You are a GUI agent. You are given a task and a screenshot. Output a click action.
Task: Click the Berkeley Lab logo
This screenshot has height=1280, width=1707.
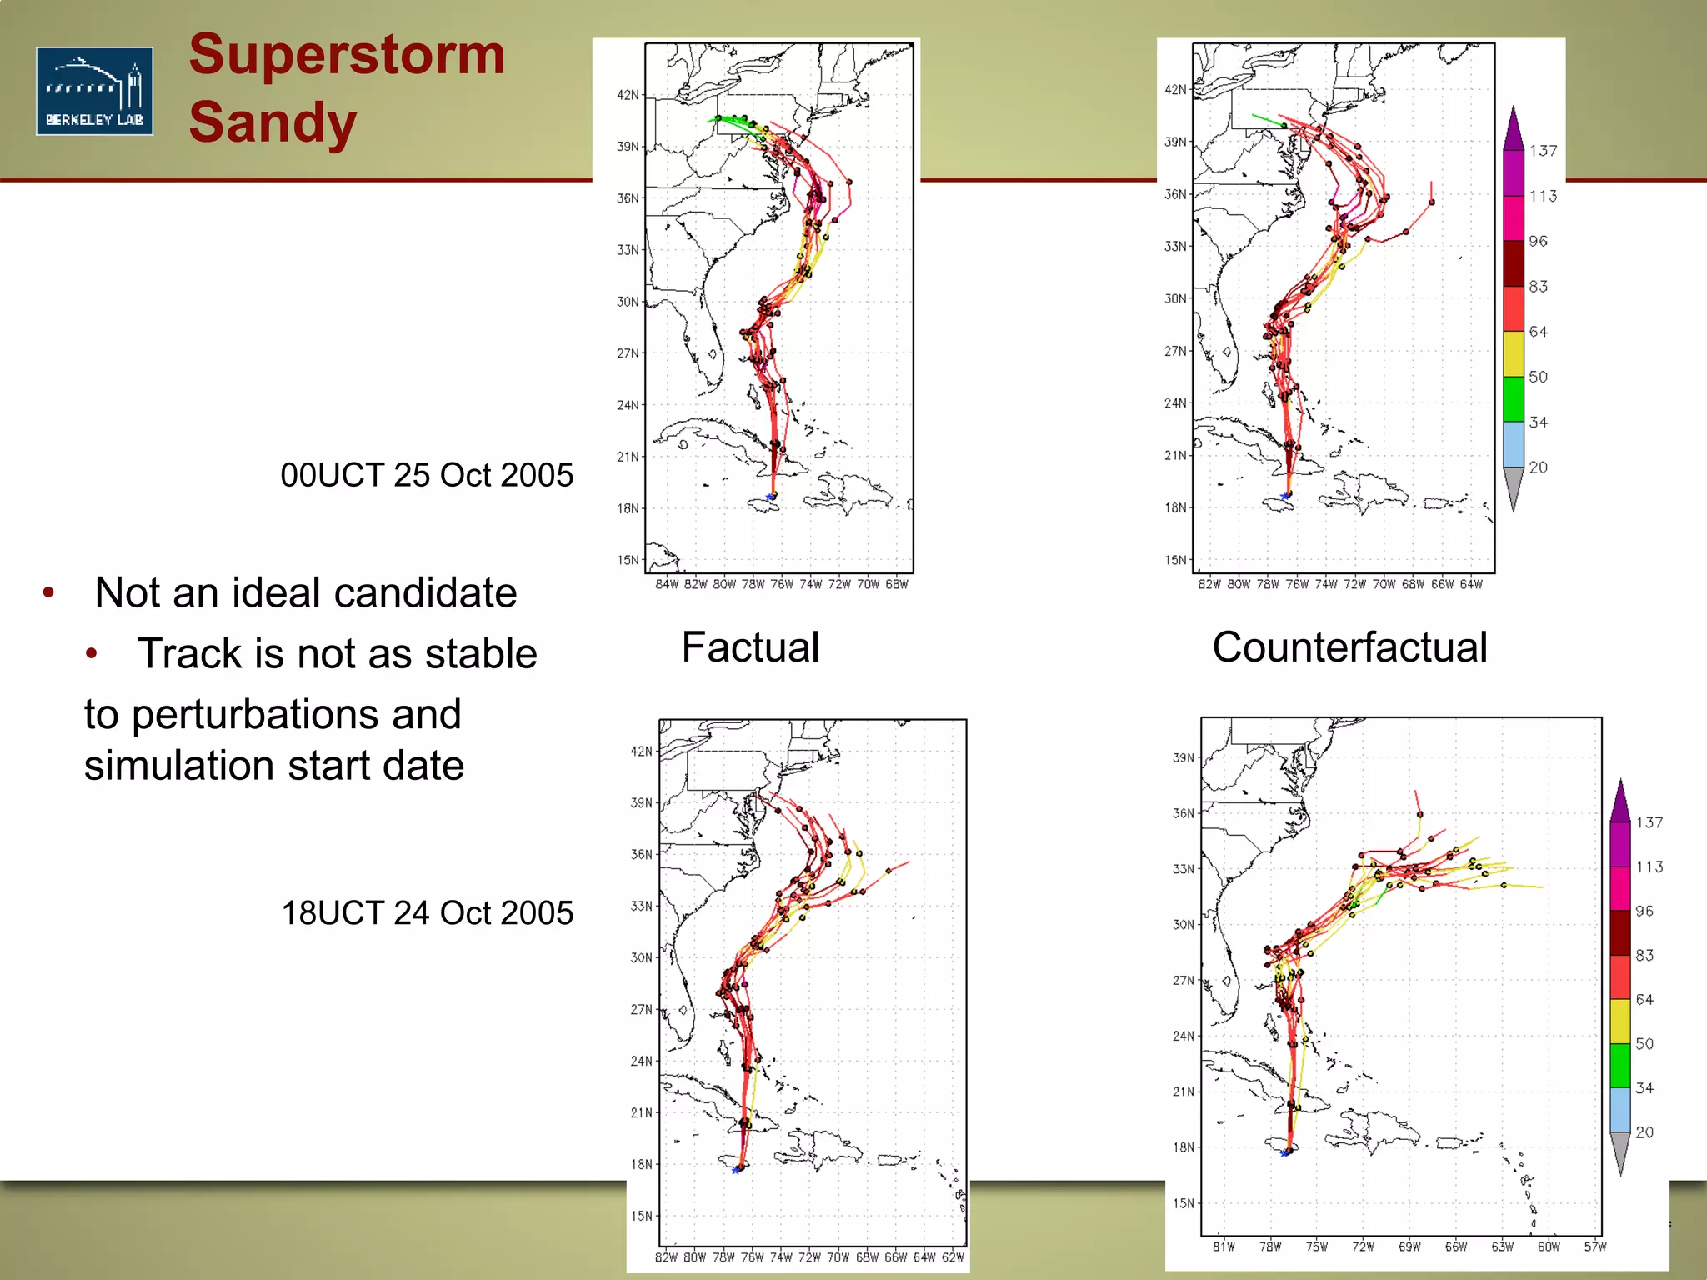coord(94,91)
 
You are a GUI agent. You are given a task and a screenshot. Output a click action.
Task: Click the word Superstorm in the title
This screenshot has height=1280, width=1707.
coord(347,55)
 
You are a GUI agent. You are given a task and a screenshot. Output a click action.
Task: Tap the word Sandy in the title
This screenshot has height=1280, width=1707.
coord(273,122)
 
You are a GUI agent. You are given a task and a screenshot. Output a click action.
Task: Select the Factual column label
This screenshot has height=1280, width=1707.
coord(750,647)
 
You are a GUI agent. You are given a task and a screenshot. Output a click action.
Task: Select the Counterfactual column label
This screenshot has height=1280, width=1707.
coord(1349,647)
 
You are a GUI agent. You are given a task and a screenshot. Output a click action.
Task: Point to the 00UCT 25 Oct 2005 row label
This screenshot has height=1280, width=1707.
coord(427,475)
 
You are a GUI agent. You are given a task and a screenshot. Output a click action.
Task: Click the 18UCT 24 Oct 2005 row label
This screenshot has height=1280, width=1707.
coord(427,913)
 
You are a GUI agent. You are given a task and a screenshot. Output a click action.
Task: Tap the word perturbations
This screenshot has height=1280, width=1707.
coord(296,715)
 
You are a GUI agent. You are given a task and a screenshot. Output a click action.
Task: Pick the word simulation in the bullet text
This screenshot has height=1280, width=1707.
coord(191,766)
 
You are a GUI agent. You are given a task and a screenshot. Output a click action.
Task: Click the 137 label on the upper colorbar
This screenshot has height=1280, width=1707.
coord(1543,151)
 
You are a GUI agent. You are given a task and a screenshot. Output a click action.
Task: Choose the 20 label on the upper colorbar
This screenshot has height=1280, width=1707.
coord(1539,467)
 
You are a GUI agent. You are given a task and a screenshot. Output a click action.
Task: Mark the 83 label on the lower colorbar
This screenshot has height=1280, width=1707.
coord(1644,955)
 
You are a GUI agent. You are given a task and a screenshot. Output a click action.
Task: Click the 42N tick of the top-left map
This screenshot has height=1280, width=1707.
coord(628,95)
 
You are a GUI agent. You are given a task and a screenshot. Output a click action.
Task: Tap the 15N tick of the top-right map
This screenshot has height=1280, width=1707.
coord(1175,560)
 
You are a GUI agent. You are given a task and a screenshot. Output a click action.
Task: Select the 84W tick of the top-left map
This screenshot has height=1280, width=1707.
coord(667,585)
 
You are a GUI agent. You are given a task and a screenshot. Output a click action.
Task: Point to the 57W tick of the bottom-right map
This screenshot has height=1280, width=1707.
coord(1594,1247)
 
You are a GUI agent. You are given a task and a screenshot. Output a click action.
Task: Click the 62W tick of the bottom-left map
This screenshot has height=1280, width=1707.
coord(953,1257)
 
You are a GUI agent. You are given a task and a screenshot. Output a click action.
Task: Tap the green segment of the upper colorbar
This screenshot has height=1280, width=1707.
coord(1514,399)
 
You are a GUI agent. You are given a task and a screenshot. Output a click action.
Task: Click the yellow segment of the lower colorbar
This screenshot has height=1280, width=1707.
coord(1619,1021)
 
